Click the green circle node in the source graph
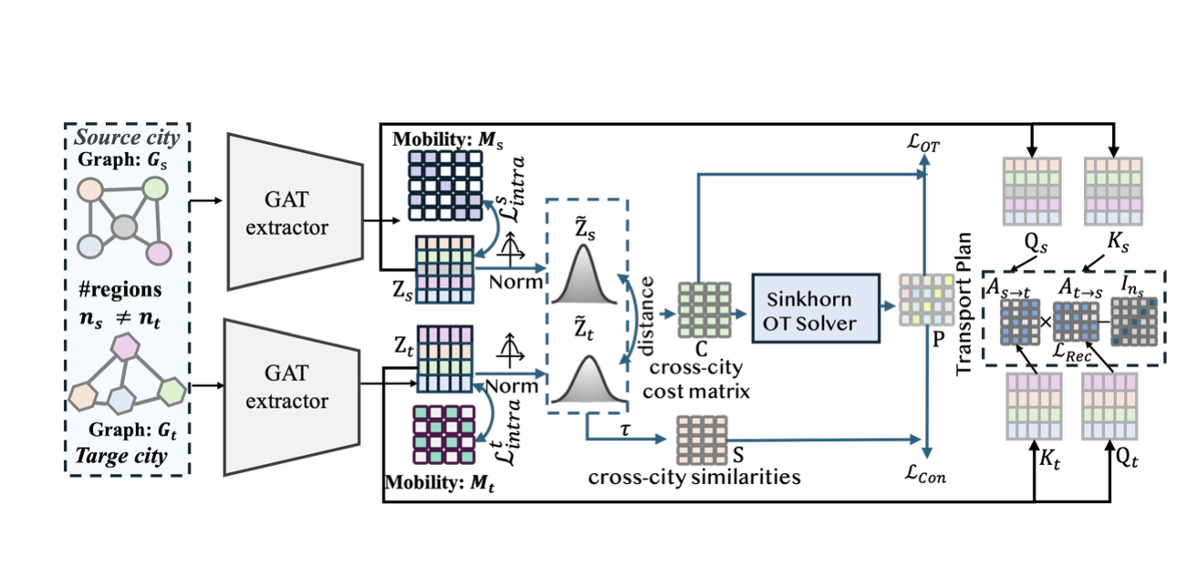point(156,190)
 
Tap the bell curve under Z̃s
point(586,276)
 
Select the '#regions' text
point(119,289)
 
